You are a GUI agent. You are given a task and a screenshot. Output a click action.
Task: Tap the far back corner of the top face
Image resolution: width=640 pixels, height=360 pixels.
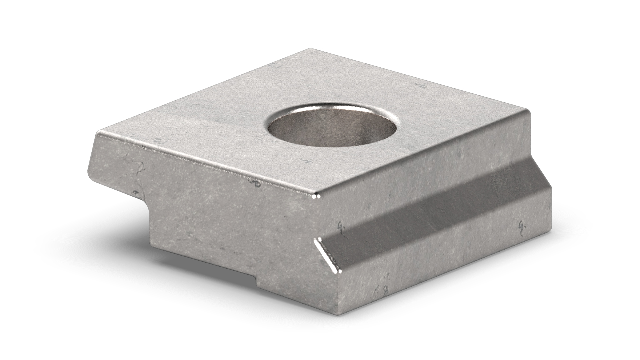coord(307,49)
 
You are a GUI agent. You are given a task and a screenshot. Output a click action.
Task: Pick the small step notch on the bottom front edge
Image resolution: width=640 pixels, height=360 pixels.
coord(256,283)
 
